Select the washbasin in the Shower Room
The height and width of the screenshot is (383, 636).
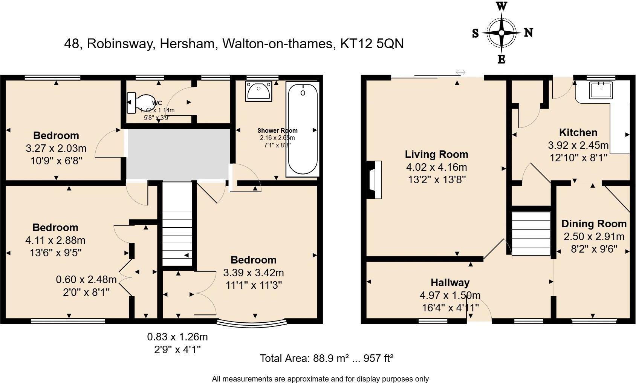[258, 91]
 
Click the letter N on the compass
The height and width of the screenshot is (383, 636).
[529, 33]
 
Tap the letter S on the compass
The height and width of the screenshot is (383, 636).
[475, 34]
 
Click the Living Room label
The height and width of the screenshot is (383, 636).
[436, 154]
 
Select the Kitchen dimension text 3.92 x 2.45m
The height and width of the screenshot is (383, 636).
[578, 145]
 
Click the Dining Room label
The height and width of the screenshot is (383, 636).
[594, 224]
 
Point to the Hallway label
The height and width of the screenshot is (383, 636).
[450, 282]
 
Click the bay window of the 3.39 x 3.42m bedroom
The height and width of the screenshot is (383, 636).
[252, 323]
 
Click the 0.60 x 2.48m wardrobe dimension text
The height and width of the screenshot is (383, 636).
[86, 279]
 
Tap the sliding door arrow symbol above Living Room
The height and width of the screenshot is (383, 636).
[460, 72]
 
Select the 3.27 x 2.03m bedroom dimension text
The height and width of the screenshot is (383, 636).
[56, 148]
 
